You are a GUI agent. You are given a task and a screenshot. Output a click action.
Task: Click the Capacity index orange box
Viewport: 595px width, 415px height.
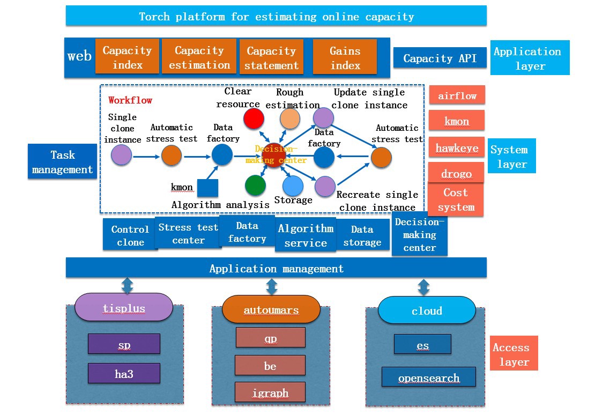[127, 57]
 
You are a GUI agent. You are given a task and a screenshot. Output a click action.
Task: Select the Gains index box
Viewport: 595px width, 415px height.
[345, 57]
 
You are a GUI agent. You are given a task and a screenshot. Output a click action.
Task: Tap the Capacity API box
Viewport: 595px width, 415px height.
[440, 58]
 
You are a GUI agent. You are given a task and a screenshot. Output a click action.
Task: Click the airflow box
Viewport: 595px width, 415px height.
[457, 95]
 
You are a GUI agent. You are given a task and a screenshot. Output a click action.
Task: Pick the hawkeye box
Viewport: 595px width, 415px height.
[457, 147]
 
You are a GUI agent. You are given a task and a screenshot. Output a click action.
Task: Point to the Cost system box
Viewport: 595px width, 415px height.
[456, 199]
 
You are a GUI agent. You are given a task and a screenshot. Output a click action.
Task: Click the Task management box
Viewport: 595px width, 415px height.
[63, 162]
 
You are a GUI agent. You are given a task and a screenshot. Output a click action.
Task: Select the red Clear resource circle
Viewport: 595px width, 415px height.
[254, 118]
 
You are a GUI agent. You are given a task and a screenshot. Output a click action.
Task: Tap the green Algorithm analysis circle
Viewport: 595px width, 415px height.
[255, 185]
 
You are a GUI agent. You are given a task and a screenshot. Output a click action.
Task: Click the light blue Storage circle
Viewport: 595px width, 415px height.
[293, 186]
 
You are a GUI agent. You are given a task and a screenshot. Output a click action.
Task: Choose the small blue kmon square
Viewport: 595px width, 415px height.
[207, 188]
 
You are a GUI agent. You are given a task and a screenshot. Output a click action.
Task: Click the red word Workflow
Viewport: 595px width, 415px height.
[130, 100]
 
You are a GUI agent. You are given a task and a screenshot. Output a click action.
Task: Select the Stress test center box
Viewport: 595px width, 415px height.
[188, 233]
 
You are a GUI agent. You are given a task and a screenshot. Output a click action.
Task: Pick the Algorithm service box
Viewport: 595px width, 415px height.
[306, 235]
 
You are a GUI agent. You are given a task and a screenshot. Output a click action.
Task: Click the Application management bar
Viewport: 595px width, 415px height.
[276, 268]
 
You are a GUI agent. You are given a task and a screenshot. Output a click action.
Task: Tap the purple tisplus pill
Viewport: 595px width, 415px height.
[124, 308]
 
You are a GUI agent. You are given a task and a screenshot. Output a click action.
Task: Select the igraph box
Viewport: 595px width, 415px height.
[270, 392]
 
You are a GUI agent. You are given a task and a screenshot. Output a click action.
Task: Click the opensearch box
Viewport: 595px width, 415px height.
[428, 377]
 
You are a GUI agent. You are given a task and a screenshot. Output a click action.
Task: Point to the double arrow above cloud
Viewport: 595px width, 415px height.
[423, 287]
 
